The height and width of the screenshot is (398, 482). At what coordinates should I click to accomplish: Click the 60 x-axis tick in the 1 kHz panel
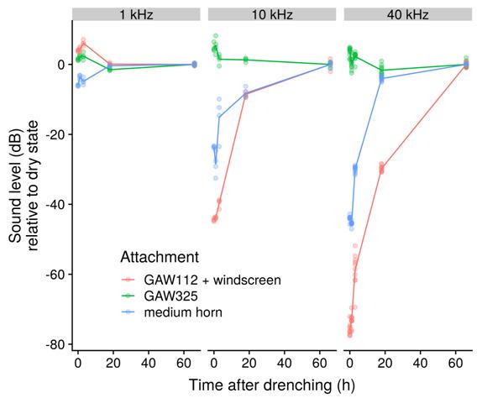(184, 364)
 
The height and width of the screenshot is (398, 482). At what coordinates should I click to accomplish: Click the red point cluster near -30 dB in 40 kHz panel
(382, 168)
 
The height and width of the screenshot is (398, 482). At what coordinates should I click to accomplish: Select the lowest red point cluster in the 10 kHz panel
(215, 218)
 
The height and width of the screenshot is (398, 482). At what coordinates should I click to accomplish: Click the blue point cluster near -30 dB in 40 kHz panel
(354, 170)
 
